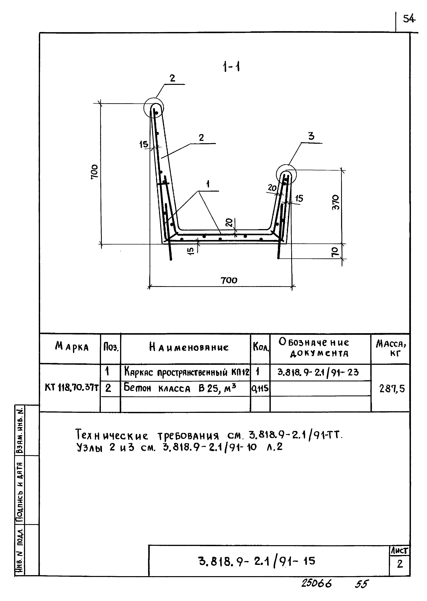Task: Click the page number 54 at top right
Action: point(409,19)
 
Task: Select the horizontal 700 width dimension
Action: point(229,280)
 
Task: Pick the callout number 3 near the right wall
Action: point(311,136)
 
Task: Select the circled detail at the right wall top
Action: point(286,174)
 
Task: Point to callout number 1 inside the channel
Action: point(208,184)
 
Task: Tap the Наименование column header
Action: point(189,347)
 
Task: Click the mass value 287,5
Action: point(392,388)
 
